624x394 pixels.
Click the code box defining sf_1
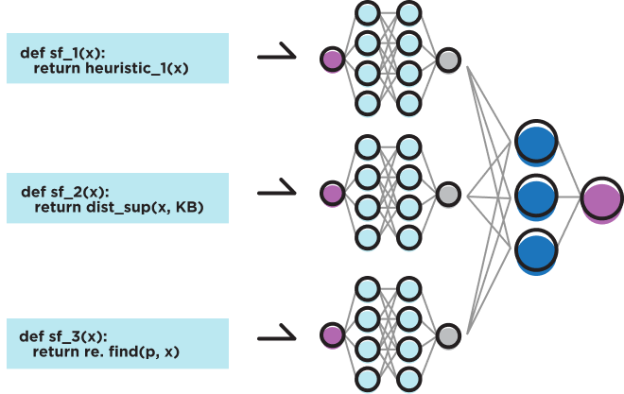(x=117, y=59)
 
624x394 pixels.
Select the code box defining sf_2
(x=117, y=199)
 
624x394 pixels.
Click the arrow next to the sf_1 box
(x=276, y=58)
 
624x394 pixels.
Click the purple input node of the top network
(x=332, y=60)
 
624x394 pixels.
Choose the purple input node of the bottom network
(x=332, y=334)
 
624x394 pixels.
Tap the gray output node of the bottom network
(x=447, y=334)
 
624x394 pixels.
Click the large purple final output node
(x=601, y=199)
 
